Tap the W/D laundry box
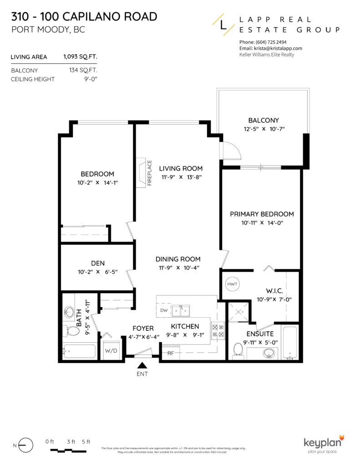pos(111,351)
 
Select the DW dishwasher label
pos(164,310)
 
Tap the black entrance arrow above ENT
pos(142,365)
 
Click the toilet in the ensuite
pos(237,349)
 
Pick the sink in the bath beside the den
pos(69,312)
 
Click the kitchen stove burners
pos(218,330)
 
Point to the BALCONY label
pos(263,120)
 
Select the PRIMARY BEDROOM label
pos(261,214)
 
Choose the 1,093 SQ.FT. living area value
pos(80,57)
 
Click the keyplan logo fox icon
pos(341,438)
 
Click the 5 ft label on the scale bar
pos(86,442)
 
